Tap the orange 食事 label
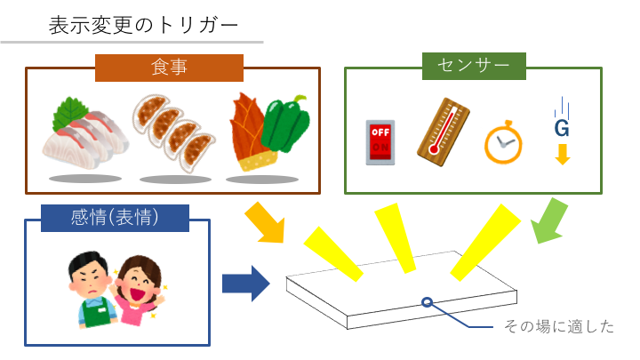(169, 67)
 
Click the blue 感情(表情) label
(116, 217)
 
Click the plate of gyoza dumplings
(173, 131)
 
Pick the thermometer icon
(442, 125)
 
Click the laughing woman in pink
(138, 290)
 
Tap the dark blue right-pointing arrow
(245, 284)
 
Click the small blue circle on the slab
(428, 302)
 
